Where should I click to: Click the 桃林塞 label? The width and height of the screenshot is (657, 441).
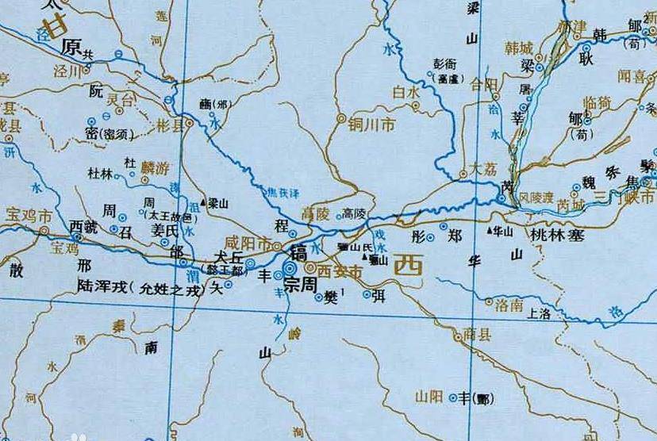pyautogui.click(x=557, y=235)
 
